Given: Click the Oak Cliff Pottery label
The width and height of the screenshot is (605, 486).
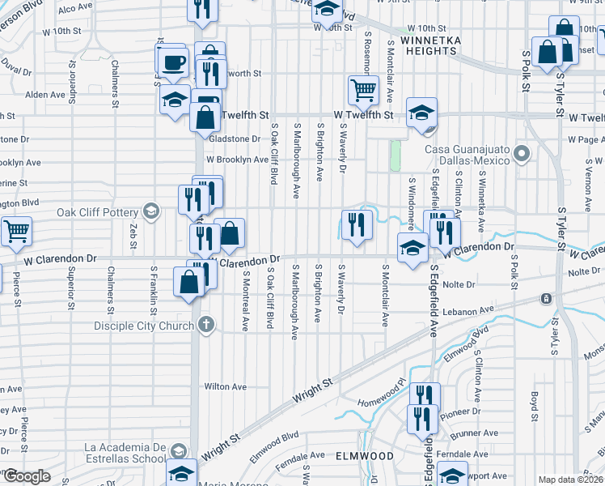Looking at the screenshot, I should (x=96, y=213).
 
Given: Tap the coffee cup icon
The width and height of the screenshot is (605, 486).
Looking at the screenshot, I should (x=173, y=62).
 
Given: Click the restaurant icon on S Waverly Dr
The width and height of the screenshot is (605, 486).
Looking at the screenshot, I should (x=357, y=224).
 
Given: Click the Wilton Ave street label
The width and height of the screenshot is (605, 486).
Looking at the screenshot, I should (x=225, y=387).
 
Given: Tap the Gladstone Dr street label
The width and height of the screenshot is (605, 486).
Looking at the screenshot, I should (x=235, y=139).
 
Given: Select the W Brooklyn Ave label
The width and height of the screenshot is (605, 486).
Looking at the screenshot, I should (x=236, y=160).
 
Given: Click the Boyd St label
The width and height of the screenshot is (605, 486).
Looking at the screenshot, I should (x=535, y=402).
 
